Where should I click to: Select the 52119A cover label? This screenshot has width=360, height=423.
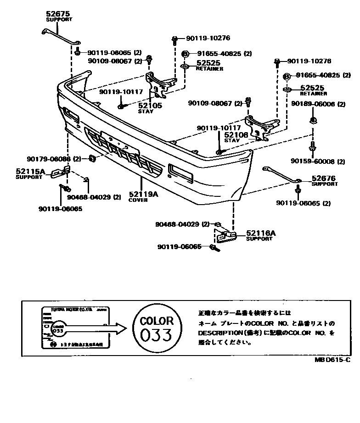click(143, 194)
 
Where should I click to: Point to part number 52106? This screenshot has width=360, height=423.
click(236, 135)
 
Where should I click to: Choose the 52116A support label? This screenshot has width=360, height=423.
click(261, 234)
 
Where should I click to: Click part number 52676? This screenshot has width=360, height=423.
click(324, 178)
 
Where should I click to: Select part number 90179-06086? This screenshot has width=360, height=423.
click(52, 159)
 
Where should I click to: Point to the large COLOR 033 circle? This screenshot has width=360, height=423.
click(157, 328)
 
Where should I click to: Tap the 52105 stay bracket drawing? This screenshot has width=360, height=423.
click(158, 84)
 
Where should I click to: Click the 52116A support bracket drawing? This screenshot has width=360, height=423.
click(225, 236)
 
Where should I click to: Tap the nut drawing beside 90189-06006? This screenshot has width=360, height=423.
click(312, 121)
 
